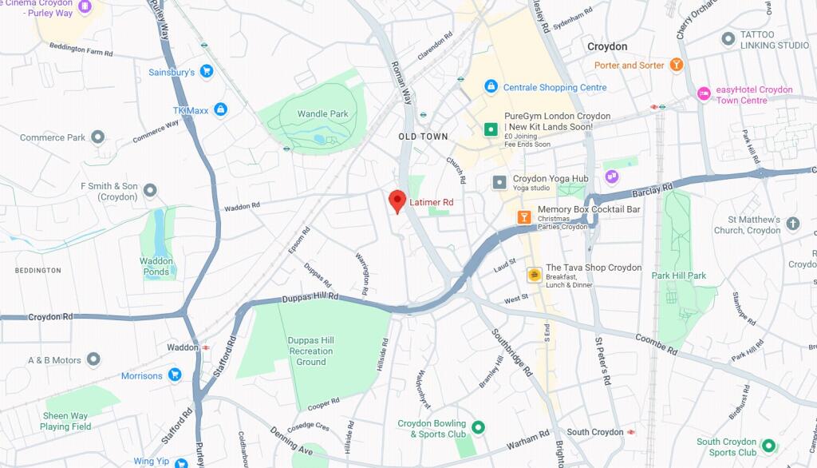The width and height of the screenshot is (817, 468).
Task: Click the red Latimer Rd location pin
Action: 397,201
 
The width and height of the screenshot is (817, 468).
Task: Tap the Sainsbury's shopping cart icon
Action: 207,72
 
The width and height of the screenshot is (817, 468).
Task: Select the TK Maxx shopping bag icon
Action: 221,109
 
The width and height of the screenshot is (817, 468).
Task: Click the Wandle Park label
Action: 322,114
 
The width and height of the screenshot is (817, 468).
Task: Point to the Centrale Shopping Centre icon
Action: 491,86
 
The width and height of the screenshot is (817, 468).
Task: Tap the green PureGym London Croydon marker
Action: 491,129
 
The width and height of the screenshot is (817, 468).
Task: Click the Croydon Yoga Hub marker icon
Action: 499,182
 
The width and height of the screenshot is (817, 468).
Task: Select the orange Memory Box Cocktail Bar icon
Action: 524,216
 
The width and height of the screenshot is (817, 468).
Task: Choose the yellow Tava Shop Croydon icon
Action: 533,276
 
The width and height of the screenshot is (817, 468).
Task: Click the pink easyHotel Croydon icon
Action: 704,94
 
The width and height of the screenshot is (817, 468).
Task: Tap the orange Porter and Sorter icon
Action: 677,65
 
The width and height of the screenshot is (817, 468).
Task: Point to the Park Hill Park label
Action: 678,276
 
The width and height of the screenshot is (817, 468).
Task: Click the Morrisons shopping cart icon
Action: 175,375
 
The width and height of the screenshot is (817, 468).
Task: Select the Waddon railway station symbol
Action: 206,347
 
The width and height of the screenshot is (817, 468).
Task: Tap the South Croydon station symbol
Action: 631,432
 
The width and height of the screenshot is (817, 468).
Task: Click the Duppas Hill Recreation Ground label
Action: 311,351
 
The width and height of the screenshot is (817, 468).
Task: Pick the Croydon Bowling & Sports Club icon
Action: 478,428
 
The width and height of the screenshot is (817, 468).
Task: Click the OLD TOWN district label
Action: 423,137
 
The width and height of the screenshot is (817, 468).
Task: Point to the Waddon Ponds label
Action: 156,266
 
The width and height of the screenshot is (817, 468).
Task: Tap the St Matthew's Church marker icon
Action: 792,224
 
